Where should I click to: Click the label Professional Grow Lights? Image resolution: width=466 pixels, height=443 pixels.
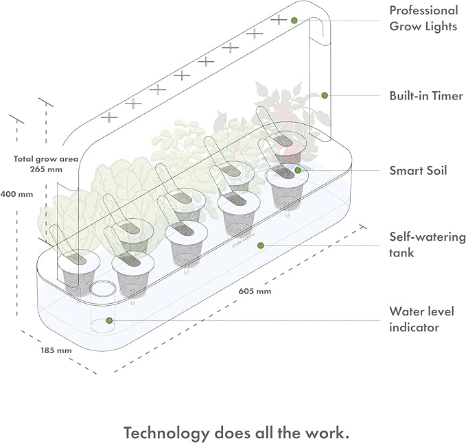pyautogui.click(x=423, y=19)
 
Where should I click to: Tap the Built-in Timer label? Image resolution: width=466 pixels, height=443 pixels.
pyautogui.click(x=426, y=96)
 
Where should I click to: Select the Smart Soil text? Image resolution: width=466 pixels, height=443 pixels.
pyautogui.click(x=418, y=170)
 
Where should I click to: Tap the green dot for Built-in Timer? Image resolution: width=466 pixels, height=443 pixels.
pyautogui.click(x=325, y=95)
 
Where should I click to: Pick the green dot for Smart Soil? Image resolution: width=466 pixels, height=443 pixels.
pyautogui.click(x=298, y=169)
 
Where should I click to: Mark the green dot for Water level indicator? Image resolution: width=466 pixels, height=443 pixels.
pyautogui.click(x=108, y=320)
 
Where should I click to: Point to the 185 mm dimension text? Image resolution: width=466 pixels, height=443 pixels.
pyautogui.click(x=55, y=350)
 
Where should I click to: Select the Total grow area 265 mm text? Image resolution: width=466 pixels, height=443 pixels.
pyautogui.click(x=46, y=163)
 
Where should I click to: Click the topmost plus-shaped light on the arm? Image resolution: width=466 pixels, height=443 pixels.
pyautogui.click(x=278, y=19)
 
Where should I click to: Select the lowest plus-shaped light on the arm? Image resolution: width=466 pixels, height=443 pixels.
pyautogui.click(x=109, y=117)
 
